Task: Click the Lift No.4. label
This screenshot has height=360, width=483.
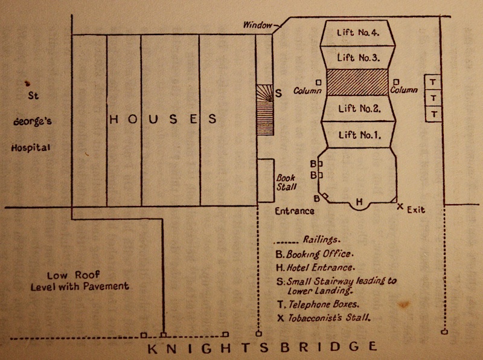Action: click(358, 33)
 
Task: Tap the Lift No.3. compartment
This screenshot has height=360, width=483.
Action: click(358, 58)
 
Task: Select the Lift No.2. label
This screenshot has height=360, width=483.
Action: click(358, 109)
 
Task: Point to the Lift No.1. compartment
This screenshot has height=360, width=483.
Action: click(359, 135)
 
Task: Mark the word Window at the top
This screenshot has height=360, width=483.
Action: click(258, 25)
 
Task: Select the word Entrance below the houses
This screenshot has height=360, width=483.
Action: click(295, 211)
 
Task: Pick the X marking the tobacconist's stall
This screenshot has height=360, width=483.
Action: click(400, 207)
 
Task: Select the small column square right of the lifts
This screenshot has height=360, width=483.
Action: click(396, 82)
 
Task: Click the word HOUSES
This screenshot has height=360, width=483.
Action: click(162, 119)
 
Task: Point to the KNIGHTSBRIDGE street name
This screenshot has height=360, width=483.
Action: click(262, 347)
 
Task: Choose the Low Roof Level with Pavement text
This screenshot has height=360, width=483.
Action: click(80, 281)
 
